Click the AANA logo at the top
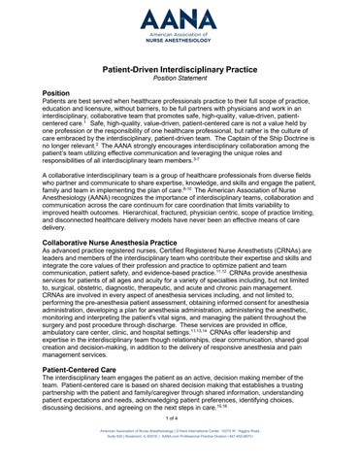(180, 20)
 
